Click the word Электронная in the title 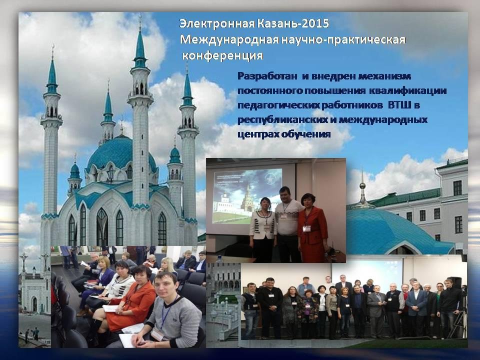(x=216, y=23)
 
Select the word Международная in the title (x=229, y=40)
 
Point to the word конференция (x=222, y=55)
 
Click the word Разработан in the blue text (x=267, y=76)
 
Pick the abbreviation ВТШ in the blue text (x=399, y=105)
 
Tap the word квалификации (x=408, y=91)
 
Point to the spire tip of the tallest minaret (x=140, y=16)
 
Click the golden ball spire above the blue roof (x=362, y=185)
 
